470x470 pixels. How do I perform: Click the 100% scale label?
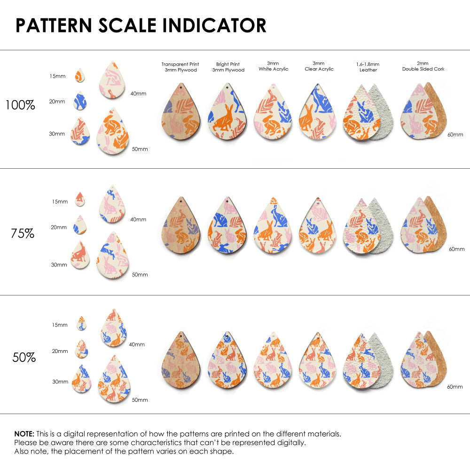(20, 105)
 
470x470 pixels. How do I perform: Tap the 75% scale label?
(23, 233)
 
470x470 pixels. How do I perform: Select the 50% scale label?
(24, 357)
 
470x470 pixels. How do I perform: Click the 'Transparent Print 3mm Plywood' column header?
(180, 67)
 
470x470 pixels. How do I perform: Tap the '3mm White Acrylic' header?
(274, 66)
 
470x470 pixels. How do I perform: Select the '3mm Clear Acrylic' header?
(319, 66)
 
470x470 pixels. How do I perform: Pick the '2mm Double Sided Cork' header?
(423, 66)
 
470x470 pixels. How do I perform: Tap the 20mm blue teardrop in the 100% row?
(80, 101)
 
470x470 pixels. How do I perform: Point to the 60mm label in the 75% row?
(456, 249)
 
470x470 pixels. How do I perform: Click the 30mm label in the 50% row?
(60, 382)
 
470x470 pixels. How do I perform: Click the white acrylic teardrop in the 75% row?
(273, 227)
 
